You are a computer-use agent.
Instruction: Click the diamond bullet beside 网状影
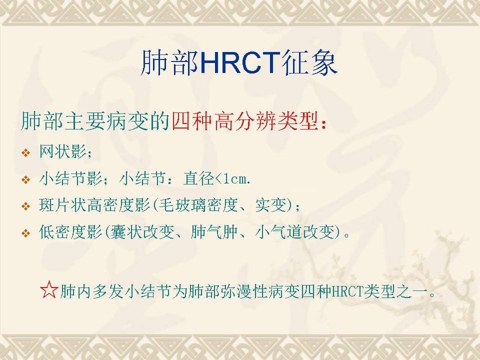tap(25, 152)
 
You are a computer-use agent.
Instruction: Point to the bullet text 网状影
tap(63, 151)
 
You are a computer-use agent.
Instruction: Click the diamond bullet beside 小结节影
tap(25, 179)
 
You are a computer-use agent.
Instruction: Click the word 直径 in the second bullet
tap(199, 178)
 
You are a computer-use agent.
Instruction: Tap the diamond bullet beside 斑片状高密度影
tap(25, 206)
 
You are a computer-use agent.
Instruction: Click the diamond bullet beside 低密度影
tap(25, 233)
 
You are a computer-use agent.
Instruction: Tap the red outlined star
tap(49, 289)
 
